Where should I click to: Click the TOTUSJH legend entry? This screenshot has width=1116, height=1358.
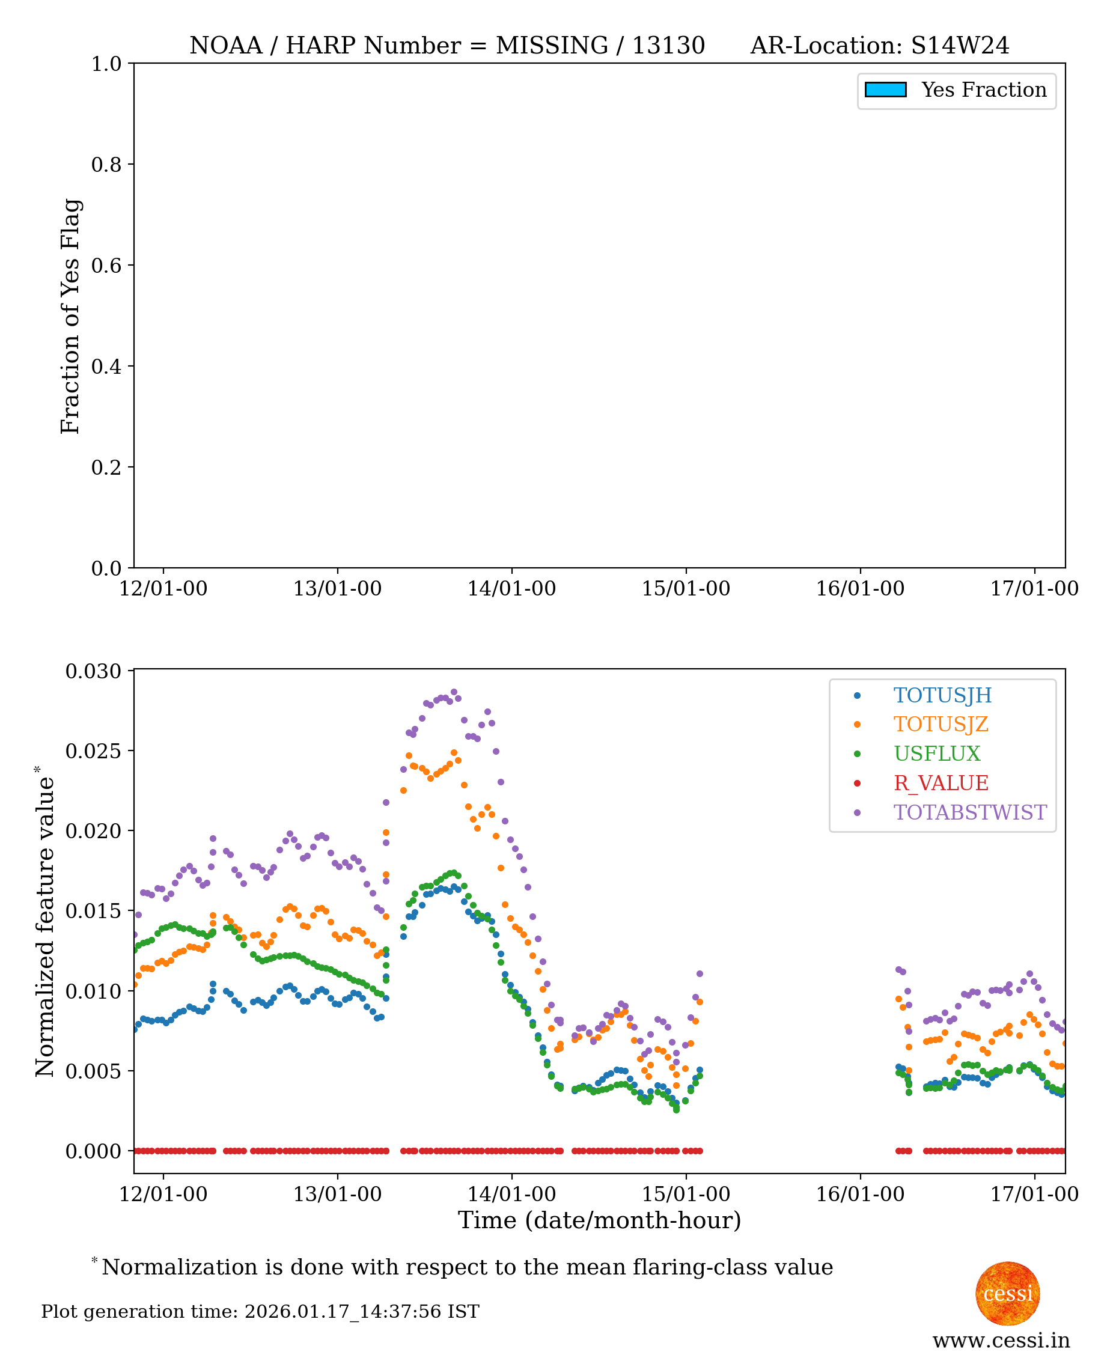[942, 695]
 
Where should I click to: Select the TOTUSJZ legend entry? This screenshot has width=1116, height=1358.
[940, 724]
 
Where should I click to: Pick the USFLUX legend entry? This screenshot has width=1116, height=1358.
[937, 754]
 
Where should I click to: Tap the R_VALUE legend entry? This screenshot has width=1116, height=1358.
[941, 783]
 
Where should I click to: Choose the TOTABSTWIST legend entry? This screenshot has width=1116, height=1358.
[969, 812]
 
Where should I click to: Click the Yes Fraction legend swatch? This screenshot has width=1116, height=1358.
[885, 90]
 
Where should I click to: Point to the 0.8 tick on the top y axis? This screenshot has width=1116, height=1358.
[106, 165]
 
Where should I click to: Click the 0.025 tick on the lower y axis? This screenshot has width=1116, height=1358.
[93, 751]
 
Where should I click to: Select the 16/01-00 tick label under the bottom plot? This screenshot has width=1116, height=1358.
[860, 1194]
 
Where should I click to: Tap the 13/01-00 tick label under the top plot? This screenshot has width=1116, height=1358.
[338, 589]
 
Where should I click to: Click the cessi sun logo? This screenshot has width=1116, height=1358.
[1007, 1293]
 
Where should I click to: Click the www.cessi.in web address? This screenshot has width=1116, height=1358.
[1001, 1341]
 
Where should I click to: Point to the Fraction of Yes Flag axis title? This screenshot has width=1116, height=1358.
[71, 316]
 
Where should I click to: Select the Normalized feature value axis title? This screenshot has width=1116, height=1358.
[45, 926]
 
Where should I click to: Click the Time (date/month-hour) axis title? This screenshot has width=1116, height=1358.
[599, 1220]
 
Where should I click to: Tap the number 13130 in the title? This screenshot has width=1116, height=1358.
[668, 46]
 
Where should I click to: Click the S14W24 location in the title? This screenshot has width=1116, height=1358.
[960, 46]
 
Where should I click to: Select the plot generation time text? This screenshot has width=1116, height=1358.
[260, 1312]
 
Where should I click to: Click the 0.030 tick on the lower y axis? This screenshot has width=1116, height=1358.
[93, 671]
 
